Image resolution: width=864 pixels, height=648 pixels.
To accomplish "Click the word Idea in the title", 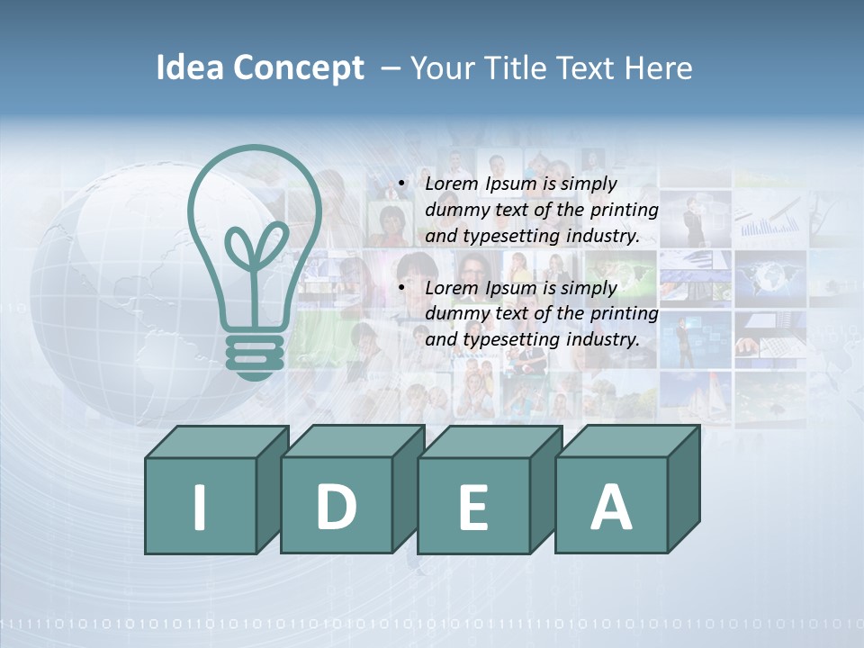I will (x=190, y=68).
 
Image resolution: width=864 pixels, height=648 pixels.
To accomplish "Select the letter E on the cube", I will (x=472, y=508).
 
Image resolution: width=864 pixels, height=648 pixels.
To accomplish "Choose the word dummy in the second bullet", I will (x=454, y=314).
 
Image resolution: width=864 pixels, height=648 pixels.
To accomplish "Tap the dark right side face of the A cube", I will (x=684, y=490).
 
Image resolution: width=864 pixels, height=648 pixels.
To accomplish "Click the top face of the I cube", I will (x=216, y=441).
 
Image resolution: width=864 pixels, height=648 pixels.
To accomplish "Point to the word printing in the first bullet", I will (x=625, y=211).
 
